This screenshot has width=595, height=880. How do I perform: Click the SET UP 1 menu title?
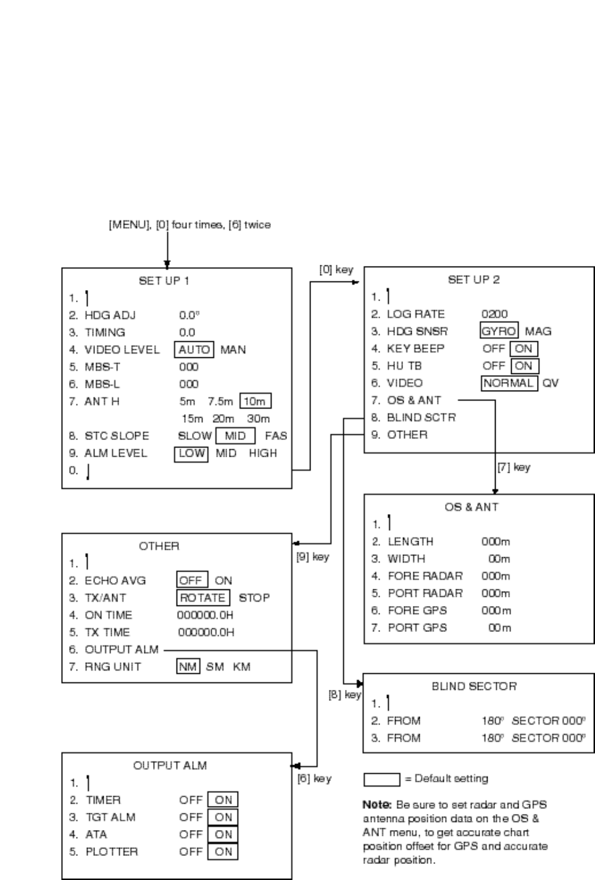(164, 281)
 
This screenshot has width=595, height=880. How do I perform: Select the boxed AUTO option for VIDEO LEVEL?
(194, 350)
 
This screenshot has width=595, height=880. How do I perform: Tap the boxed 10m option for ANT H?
(255, 402)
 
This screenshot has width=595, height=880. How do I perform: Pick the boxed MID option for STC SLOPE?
(235, 436)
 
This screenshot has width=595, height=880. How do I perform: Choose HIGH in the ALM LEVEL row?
(263, 454)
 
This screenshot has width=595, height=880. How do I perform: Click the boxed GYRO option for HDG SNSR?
(499, 331)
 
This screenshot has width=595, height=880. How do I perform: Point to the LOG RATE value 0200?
(494, 314)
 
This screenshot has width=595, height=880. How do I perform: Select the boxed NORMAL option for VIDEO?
(509, 383)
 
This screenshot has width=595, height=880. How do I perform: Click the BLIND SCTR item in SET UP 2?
(421, 418)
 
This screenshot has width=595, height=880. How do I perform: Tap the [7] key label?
(514, 467)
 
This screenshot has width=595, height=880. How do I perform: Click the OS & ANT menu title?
(471, 507)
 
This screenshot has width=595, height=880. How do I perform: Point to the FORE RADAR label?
(425, 576)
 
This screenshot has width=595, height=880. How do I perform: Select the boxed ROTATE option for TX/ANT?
(202, 598)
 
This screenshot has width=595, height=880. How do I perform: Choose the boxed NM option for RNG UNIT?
(188, 667)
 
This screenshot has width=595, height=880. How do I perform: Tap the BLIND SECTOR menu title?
(474, 686)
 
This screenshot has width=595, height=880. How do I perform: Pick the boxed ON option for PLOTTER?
(223, 852)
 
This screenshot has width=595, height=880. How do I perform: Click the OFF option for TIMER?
(191, 800)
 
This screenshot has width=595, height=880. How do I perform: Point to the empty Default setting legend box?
(381, 779)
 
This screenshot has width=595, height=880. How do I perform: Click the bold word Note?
(377, 805)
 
